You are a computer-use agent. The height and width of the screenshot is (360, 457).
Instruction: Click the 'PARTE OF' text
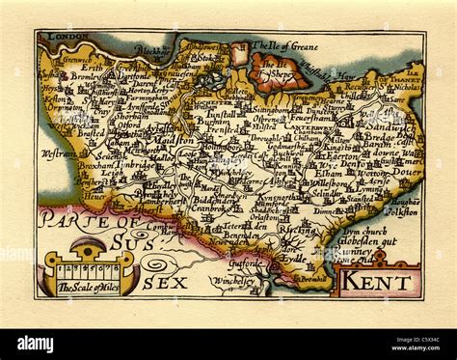67,220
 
